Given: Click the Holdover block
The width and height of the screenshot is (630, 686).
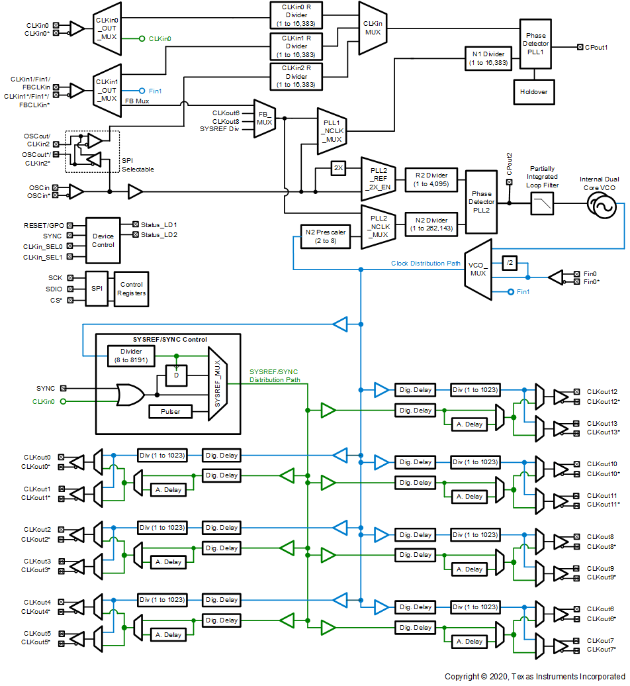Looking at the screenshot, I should [533, 92].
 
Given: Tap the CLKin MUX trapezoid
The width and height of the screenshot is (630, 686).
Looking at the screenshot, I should [373, 28].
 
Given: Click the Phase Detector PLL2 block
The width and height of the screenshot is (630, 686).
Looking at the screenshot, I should [481, 201].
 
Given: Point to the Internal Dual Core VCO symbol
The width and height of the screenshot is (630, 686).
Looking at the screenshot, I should [602, 207].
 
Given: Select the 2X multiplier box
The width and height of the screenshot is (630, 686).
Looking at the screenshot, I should [338, 169].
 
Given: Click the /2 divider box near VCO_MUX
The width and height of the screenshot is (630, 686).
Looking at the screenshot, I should [509, 262].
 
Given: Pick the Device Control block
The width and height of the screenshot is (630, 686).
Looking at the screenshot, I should [103, 240].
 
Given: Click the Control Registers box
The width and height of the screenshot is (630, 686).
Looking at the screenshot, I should [132, 289].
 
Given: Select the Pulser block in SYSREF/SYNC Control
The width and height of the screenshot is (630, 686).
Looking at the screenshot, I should [171, 411].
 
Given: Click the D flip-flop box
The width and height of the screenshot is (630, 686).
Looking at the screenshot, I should [176, 375].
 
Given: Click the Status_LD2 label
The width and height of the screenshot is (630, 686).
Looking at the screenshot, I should [159, 235].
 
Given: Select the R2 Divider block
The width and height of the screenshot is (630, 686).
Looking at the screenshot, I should [431, 179].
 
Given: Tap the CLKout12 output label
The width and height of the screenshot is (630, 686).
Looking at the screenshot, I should [602, 392].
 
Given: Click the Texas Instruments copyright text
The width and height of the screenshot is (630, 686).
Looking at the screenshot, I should [535, 676].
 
